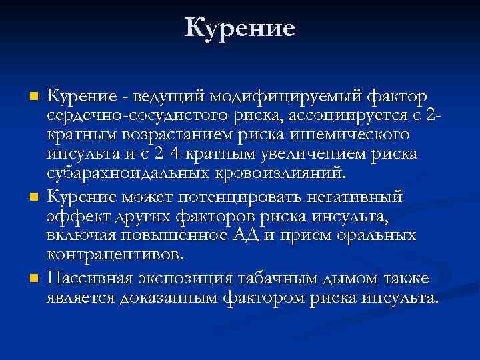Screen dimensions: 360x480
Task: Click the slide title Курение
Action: click(x=239, y=27)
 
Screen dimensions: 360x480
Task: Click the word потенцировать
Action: click(x=233, y=198)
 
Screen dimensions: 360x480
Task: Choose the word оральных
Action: click(x=379, y=236)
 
